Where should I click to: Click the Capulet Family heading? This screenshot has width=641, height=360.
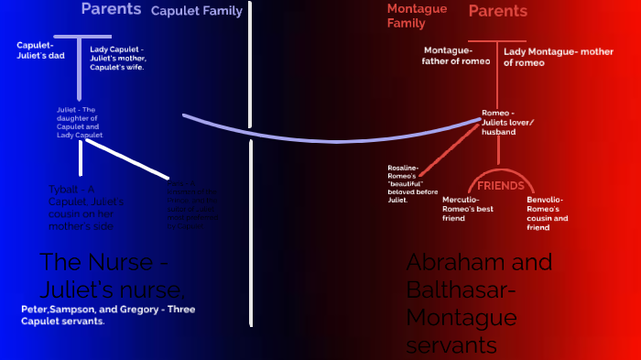[x=196, y=12]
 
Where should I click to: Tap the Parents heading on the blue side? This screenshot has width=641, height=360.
[x=111, y=9]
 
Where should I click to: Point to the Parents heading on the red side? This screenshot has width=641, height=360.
[x=498, y=11]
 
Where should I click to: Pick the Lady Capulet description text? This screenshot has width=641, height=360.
[x=117, y=57]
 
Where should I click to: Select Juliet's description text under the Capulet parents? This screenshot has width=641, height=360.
[x=80, y=122]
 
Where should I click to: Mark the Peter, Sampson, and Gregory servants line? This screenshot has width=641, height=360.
[x=108, y=315]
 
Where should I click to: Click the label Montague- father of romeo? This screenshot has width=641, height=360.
[x=460, y=56]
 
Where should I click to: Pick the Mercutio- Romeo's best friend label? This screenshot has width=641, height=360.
[x=469, y=209]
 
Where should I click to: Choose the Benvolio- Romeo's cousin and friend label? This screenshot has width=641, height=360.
[x=548, y=209]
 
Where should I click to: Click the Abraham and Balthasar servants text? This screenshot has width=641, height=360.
[x=479, y=303]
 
